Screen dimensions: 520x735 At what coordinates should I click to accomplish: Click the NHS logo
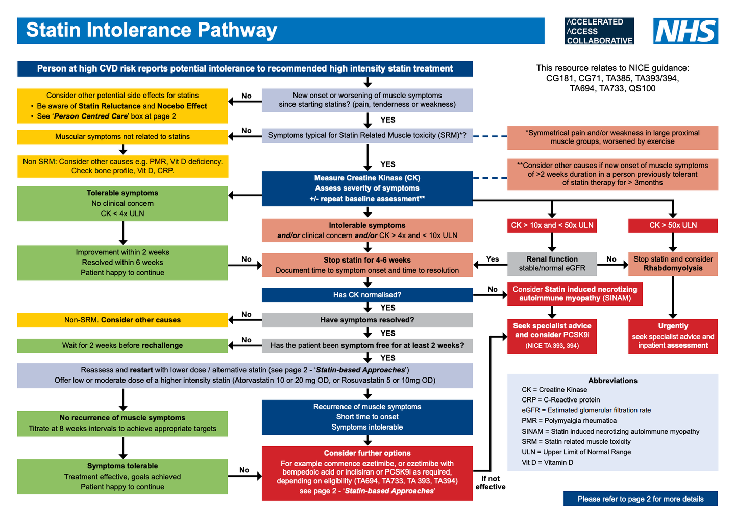click(x=685, y=31)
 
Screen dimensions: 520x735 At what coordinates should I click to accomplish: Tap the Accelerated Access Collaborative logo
click(x=599, y=31)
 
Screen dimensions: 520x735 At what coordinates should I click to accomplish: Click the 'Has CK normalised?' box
click(x=367, y=295)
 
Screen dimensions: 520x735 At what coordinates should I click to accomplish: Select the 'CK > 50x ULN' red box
click(x=673, y=225)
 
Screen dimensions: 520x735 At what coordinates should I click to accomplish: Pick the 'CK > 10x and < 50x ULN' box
click(x=552, y=225)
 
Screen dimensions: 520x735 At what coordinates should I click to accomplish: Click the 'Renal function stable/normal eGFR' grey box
click(x=552, y=264)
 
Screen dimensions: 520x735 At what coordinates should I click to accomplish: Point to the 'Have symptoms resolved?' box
click(x=367, y=320)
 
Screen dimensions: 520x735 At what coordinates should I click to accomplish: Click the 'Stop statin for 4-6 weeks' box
click(x=367, y=265)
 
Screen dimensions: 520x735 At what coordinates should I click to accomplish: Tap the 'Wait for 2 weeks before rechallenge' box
click(x=122, y=345)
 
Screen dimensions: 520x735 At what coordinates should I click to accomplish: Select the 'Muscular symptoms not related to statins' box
click(x=122, y=137)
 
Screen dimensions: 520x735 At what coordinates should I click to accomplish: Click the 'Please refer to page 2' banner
click(x=640, y=499)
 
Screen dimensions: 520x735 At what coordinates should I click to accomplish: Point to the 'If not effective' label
click(x=491, y=483)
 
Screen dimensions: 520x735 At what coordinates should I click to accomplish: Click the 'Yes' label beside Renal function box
click(x=493, y=259)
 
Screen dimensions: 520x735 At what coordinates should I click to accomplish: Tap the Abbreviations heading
click(x=612, y=381)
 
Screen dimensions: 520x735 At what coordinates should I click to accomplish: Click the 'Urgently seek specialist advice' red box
click(x=673, y=336)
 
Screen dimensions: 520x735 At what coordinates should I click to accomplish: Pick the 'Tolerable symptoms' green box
click(x=122, y=203)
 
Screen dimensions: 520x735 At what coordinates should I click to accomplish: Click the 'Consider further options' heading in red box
click(x=367, y=453)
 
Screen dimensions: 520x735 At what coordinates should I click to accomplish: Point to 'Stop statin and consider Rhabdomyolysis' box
click(x=673, y=264)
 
